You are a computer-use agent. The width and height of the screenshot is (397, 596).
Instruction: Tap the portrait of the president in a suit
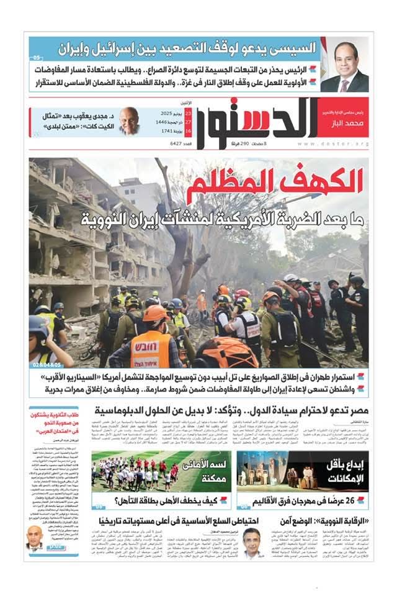(345, 66)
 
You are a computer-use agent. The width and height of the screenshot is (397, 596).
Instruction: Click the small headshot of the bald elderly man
(129, 120)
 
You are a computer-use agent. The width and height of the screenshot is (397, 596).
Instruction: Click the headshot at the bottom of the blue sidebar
(35, 538)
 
